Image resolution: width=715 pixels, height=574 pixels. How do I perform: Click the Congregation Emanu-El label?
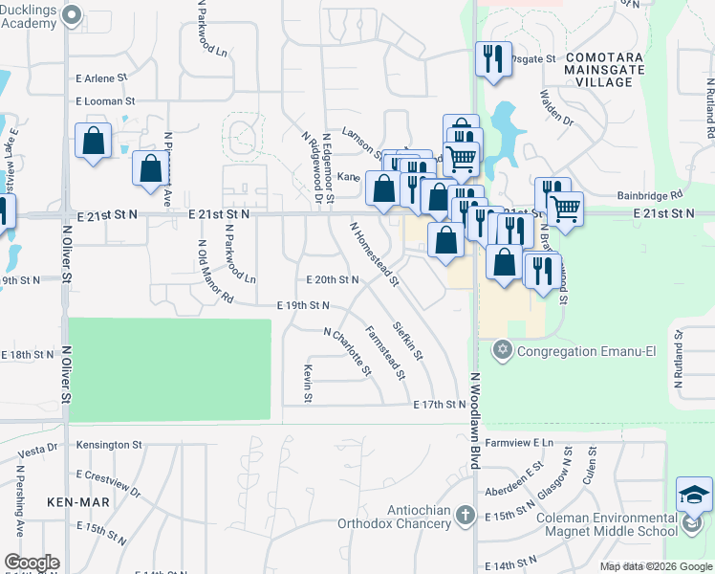point(585,351)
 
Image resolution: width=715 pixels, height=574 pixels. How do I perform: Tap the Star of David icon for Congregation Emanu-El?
point(504,350)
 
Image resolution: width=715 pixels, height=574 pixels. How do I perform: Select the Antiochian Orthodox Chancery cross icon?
point(466,516)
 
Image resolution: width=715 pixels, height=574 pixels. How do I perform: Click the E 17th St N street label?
point(439,405)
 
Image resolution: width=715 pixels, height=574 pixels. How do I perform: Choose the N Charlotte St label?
point(346,352)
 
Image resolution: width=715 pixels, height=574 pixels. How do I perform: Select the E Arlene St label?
point(101,77)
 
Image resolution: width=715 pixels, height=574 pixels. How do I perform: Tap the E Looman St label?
point(105,100)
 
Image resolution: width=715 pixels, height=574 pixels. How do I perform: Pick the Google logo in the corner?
point(32,563)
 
